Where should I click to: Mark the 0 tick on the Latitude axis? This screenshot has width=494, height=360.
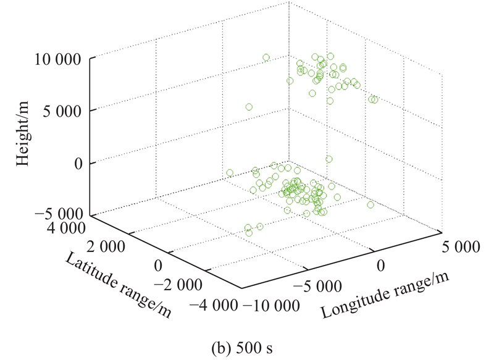tap(157, 266)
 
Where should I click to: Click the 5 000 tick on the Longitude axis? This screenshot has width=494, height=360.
tap(460, 246)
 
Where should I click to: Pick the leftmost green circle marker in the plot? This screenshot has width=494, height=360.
tap(230, 173)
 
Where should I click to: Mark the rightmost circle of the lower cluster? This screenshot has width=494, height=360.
tap(371, 205)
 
